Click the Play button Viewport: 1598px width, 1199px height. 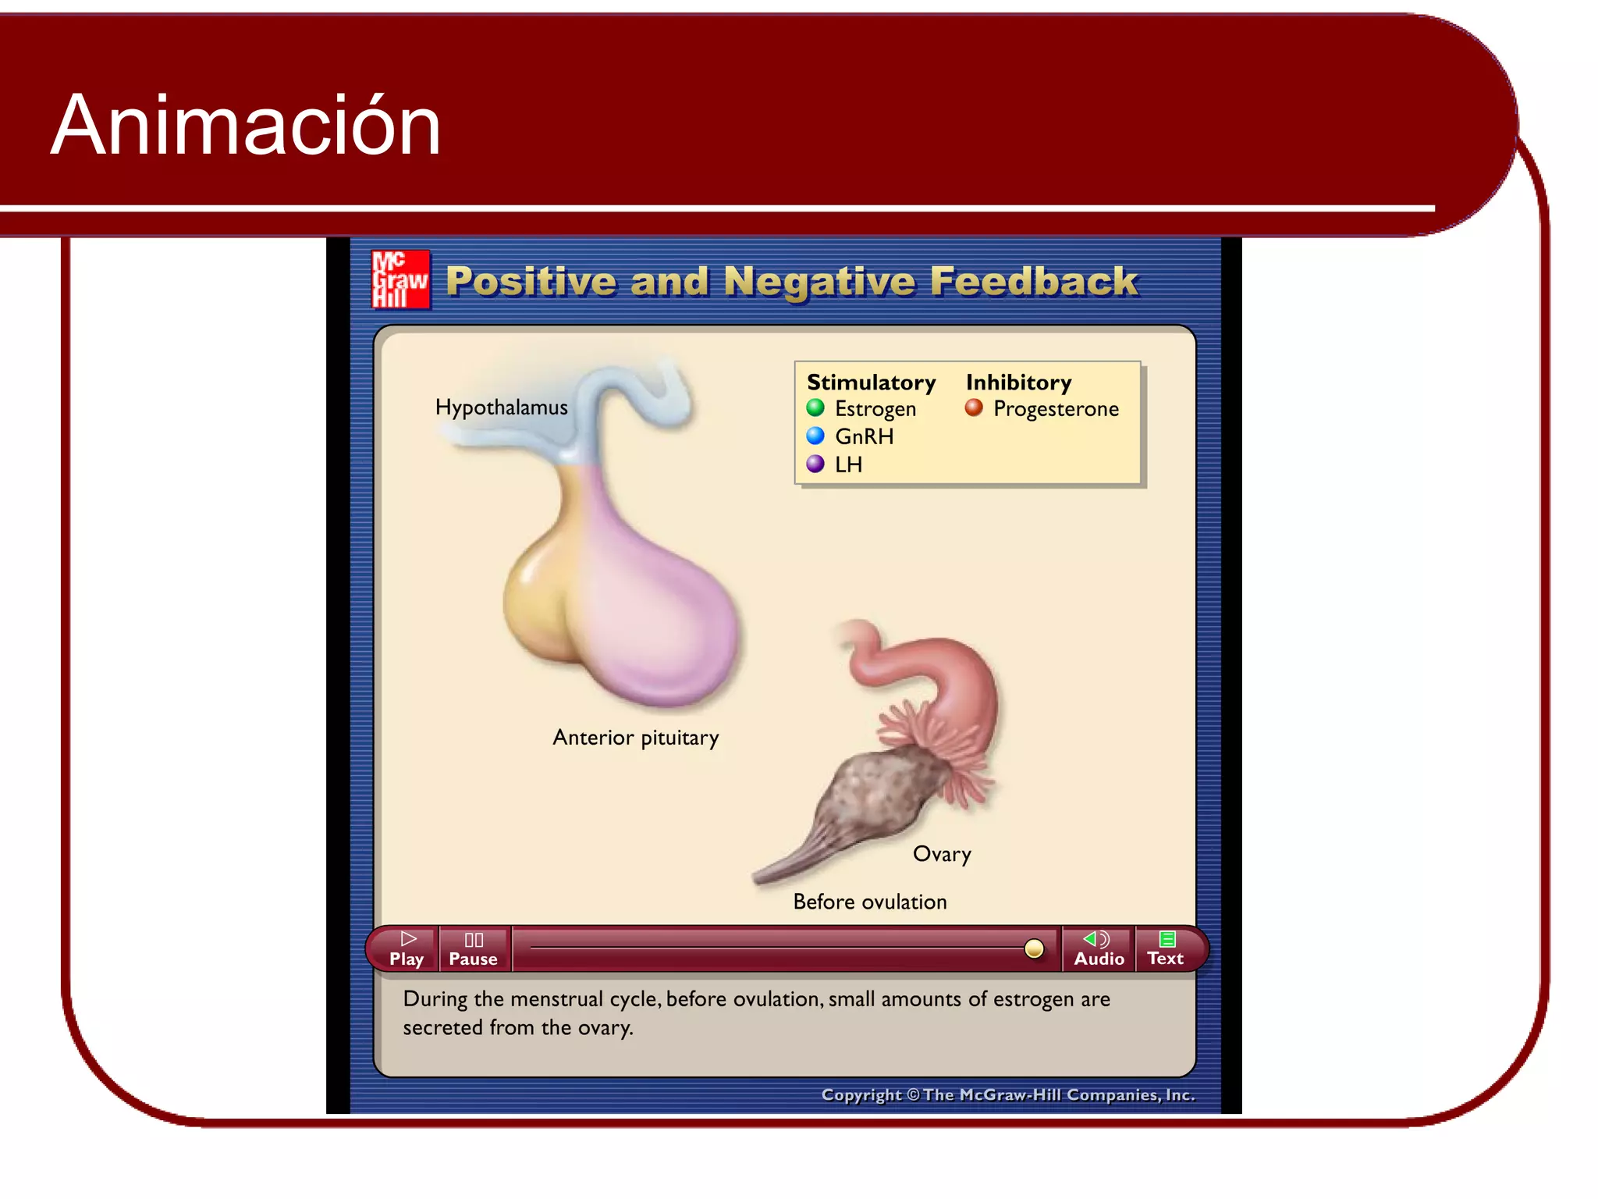coord(407,949)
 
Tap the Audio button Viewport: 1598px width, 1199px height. coord(1099,949)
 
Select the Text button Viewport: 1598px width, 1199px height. coord(1166,949)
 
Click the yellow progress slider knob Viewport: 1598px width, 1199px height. coord(1034,948)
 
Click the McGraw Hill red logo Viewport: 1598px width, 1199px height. coord(400,279)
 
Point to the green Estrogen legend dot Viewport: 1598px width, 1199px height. coord(815,407)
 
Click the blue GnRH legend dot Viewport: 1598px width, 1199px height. coord(815,436)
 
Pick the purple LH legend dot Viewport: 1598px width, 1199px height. coord(815,464)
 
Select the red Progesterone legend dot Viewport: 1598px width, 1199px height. coord(974,407)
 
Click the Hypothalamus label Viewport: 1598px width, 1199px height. coord(501,407)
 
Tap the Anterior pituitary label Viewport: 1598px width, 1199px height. coord(635,738)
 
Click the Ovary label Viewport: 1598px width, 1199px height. coord(942,854)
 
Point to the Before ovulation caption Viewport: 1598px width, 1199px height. coord(869,902)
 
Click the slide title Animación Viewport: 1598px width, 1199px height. coord(246,125)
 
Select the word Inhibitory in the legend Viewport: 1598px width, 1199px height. coord(1018,382)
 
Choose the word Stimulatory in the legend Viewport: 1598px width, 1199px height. coord(871,382)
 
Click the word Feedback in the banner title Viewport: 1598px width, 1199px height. coord(1034,281)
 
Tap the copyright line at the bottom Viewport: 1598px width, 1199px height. coord(1007,1095)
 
